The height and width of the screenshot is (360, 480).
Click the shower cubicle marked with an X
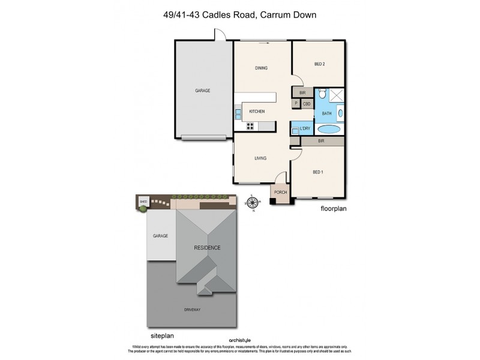click(x=337, y=94)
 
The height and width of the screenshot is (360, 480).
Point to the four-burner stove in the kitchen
click(x=250, y=125)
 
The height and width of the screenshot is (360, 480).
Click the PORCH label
click(x=280, y=192)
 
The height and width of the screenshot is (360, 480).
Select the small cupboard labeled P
click(x=296, y=104)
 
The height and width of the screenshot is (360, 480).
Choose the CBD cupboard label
click(x=306, y=104)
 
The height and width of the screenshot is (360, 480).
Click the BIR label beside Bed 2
click(x=302, y=93)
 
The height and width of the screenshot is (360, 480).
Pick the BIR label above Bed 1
click(x=321, y=141)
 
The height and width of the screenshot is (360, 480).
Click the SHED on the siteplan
click(x=143, y=202)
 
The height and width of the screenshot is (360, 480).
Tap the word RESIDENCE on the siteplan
click(x=206, y=247)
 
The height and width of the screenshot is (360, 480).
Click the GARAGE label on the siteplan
click(x=160, y=236)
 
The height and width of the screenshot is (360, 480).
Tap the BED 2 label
click(x=319, y=64)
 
